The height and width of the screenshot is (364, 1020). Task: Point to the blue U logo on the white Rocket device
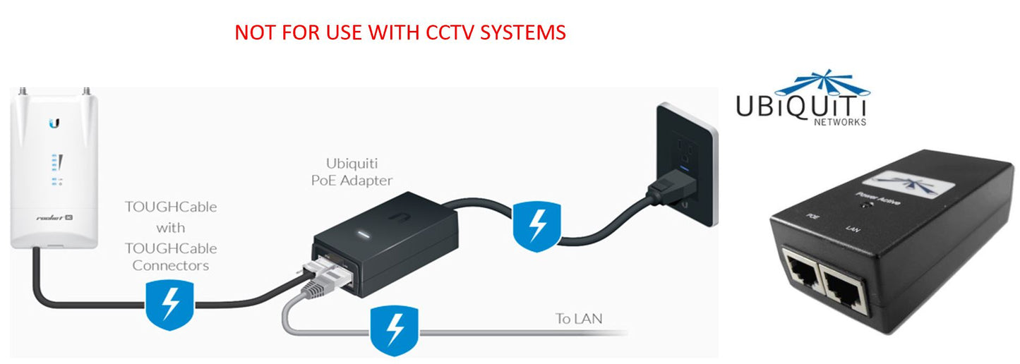(x=54, y=124)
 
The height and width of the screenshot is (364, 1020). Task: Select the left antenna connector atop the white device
(x=23, y=92)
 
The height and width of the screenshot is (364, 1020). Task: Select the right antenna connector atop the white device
(x=88, y=92)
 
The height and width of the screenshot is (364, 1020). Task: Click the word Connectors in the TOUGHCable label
(x=171, y=266)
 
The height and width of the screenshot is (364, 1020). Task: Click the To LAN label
(x=579, y=319)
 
